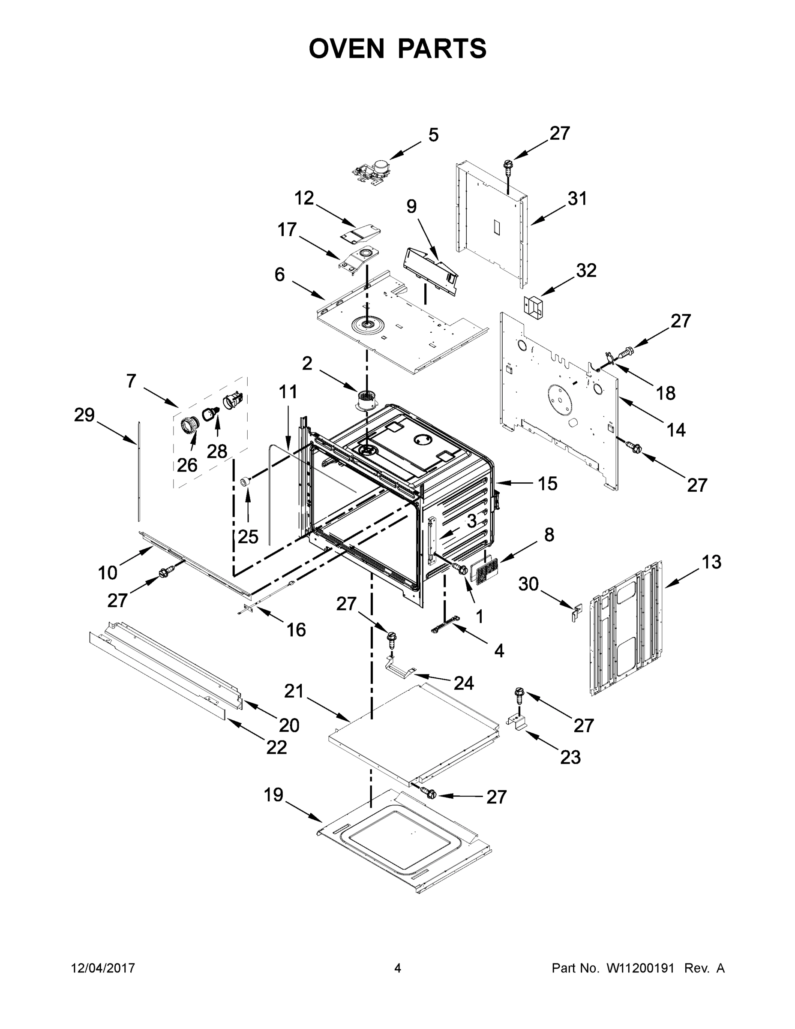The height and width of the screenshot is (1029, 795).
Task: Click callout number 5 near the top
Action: (433, 135)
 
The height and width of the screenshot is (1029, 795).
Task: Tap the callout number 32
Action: (586, 271)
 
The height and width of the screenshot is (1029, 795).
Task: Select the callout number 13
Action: (711, 562)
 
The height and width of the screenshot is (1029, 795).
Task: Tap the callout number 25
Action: (248, 536)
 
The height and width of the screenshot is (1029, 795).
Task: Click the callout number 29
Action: (84, 415)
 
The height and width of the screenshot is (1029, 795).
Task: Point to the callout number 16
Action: (296, 629)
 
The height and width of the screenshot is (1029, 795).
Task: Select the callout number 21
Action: (294, 691)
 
